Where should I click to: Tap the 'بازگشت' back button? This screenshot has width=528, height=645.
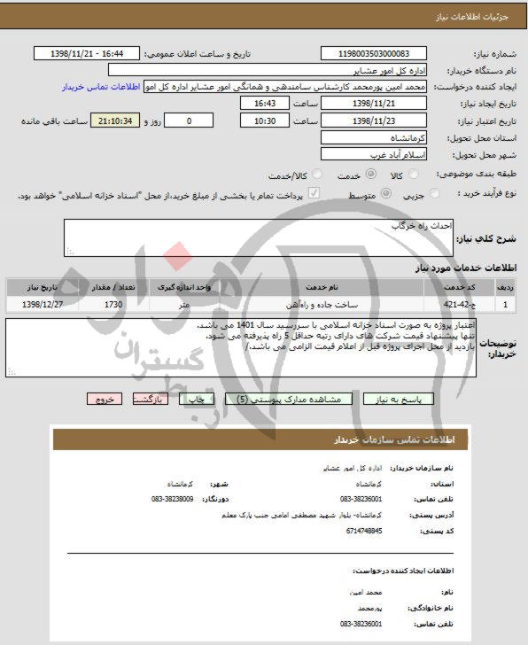(151, 400)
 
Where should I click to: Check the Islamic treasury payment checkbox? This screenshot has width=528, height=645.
(313, 194)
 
